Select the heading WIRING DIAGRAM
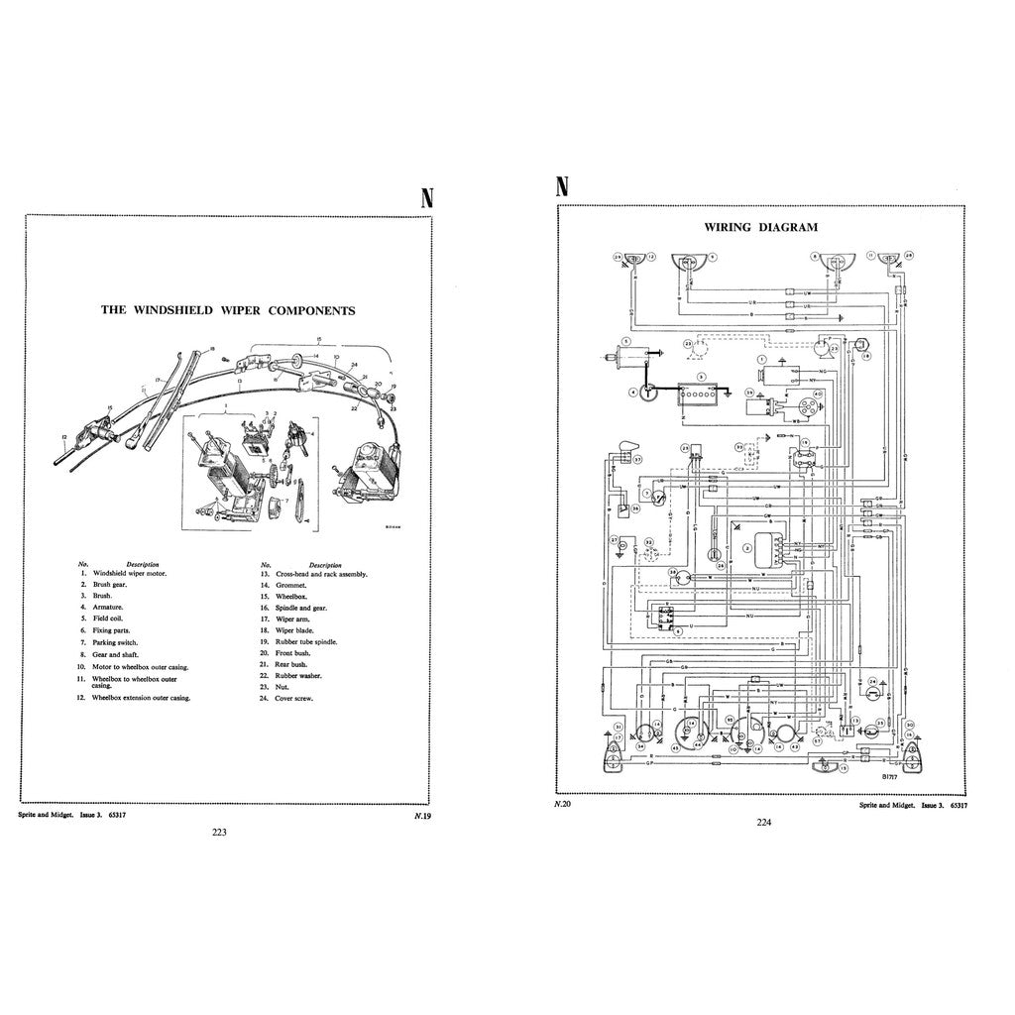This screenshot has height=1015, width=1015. tap(747, 226)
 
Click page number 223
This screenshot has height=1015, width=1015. tap(219, 833)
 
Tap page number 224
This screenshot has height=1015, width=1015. tap(763, 821)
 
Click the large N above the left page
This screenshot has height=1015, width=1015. tap(427, 197)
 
